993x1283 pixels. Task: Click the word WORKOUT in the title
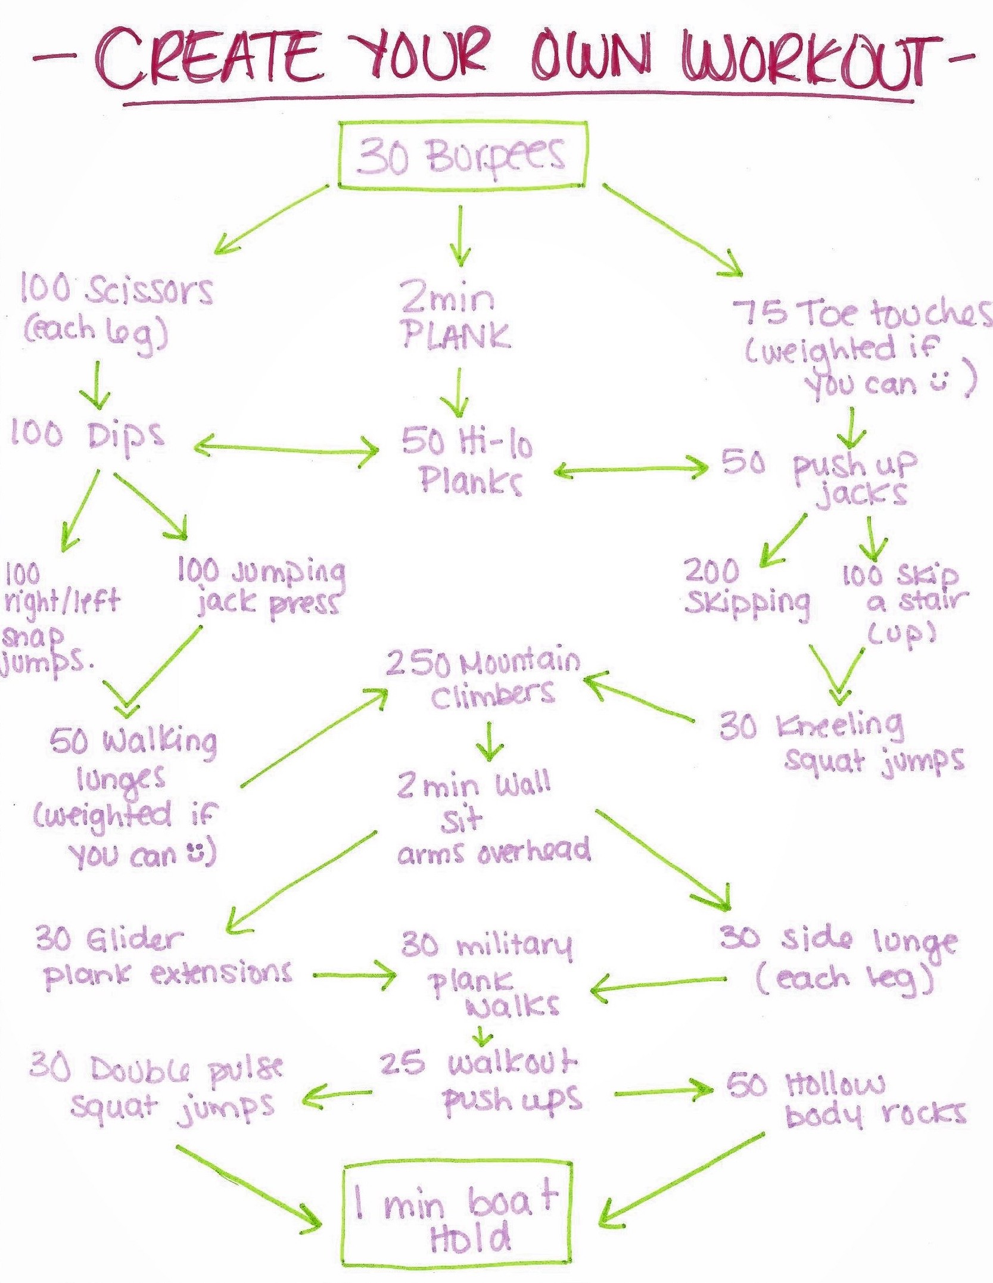click(805, 60)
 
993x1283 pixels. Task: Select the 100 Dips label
click(86, 435)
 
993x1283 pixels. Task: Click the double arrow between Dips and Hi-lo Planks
click(286, 447)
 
